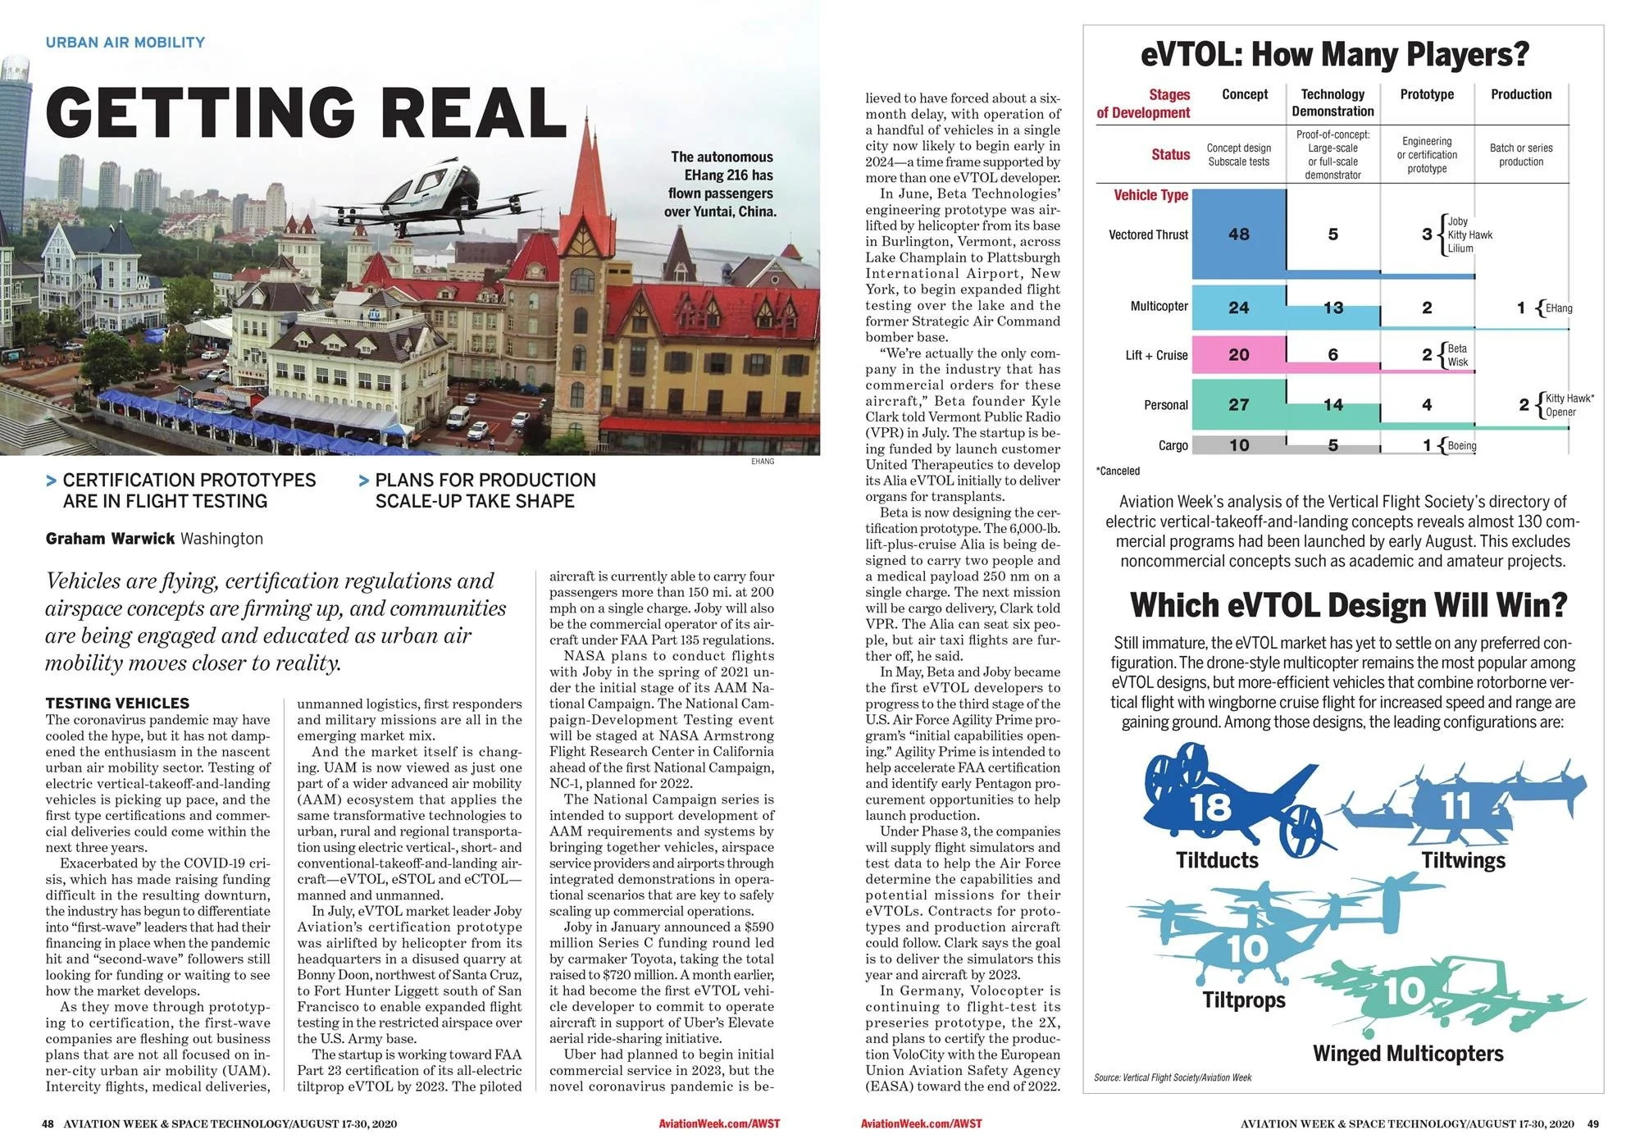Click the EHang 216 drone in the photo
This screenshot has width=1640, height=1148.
pyautogui.click(x=426, y=184)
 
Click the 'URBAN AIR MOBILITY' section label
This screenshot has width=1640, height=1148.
pyautogui.click(x=125, y=43)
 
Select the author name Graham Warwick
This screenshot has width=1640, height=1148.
pyautogui.click(x=110, y=539)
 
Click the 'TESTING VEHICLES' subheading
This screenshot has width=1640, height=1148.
pyautogui.click(x=117, y=703)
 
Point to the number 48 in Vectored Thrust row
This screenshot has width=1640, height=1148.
pyautogui.click(x=1238, y=235)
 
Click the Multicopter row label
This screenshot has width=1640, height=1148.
pyautogui.click(x=1159, y=307)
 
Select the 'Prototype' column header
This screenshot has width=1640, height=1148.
pyautogui.click(x=1427, y=94)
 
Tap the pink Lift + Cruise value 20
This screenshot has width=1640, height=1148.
pyautogui.click(x=1238, y=355)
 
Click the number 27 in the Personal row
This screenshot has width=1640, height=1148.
pyautogui.click(x=1238, y=405)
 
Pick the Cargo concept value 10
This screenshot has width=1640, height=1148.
pyautogui.click(x=1238, y=445)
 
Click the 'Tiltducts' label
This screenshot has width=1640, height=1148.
pyautogui.click(x=1217, y=860)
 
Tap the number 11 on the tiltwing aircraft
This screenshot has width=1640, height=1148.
pyautogui.click(x=1457, y=806)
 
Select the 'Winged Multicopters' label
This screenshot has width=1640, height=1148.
pyautogui.click(x=1408, y=1054)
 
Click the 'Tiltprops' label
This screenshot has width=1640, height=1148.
pyautogui.click(x=1244, y=1000)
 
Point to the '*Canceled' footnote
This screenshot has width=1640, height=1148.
pyautogui.click(x=1118, y=471)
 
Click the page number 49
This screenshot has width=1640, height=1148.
pyautogui.click(x=1592, y=1123)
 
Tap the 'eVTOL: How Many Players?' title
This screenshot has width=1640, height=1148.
pyautogui.click(x=1335, y=55)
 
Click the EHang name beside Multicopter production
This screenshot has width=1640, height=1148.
pyautogui.click(x=1559, y=308)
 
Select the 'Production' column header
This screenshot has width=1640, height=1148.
pyautogui.click(x=1521, y=94)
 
